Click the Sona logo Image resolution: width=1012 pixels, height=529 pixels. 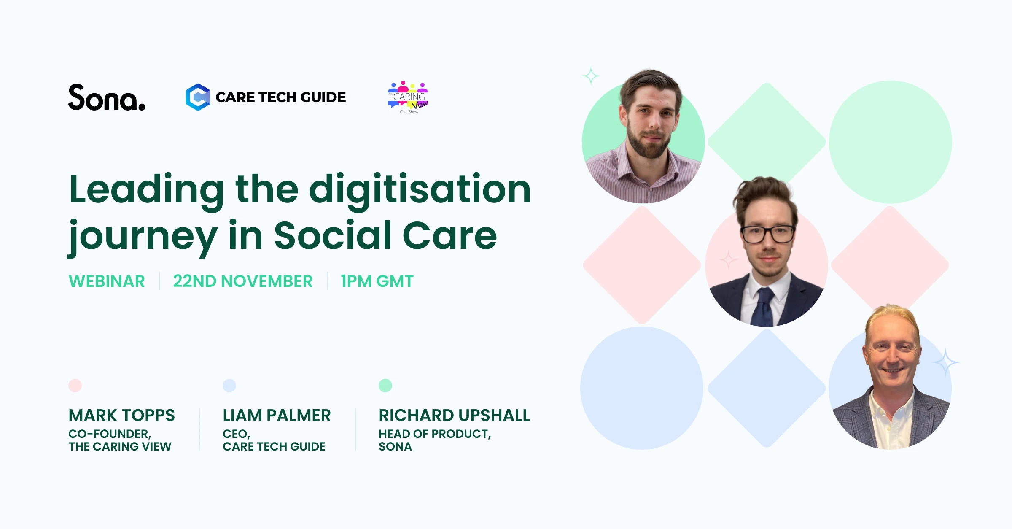pos(107,97)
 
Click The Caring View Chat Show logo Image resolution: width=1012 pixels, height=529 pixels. pos(408,97)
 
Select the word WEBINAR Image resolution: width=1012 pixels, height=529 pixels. pos(107,281)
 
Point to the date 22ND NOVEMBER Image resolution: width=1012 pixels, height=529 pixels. pos(242,281)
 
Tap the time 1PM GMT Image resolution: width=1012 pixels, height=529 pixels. pos(377,281)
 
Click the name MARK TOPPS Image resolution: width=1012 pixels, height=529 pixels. pos(121,416)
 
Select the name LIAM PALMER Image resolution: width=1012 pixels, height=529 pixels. pos(277,416)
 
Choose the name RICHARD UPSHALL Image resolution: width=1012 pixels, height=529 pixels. pos(454,416)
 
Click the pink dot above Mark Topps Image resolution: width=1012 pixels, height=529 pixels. pos(75,386)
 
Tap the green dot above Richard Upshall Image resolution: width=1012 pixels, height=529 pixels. pos(385,386)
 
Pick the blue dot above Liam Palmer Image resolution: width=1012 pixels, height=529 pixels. pos(229,386)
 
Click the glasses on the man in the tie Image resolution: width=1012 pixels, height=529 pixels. pos(767,234)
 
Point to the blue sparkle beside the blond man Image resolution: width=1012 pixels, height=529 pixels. pos(946,362)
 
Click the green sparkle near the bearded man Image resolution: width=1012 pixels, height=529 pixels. pos(591,76)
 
